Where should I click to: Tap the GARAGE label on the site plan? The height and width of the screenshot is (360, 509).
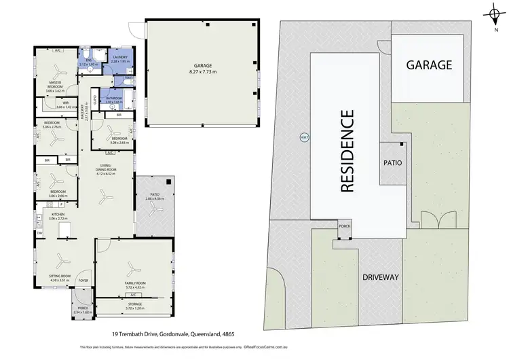pyautogui.click(x=429, y=65)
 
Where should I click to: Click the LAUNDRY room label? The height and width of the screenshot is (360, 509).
pyautogui.click(x=121, y=58)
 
